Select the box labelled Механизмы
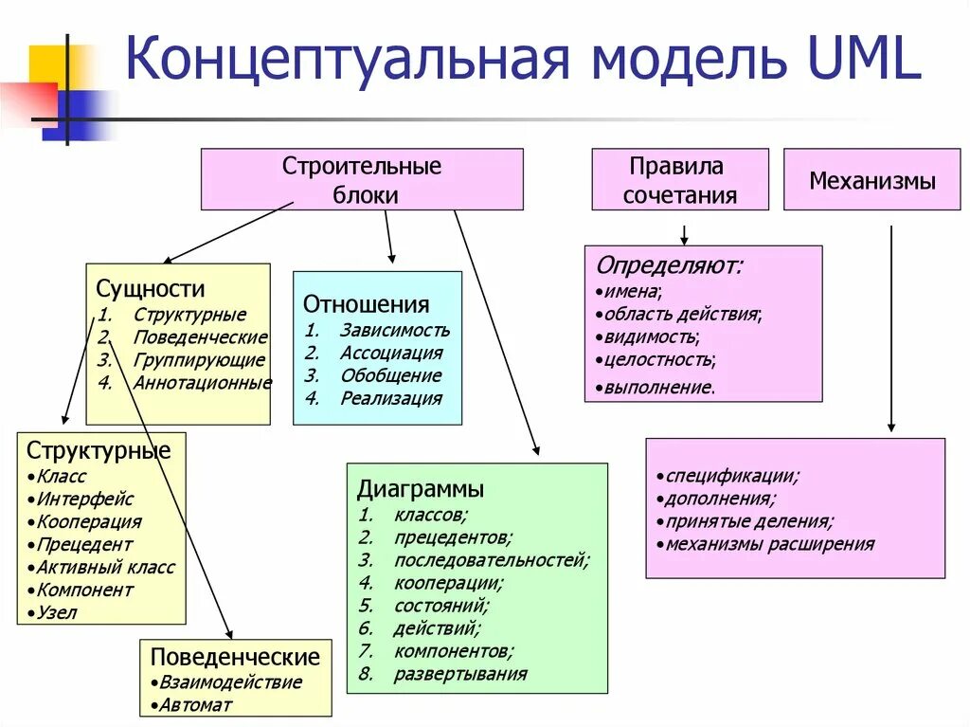[871, 180]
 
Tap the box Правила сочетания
[679, 180]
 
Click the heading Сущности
[151, 289]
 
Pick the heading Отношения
[366, 304]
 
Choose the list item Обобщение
[390, 376]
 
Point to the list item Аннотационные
[202, 383]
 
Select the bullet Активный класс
[105, 567]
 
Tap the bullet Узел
[57, 612]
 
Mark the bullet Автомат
[195, 704]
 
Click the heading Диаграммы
[421, 489]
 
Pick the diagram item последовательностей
[492, 559]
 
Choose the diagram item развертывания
[459, 674]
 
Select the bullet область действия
[684, 313]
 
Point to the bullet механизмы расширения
[769, 544]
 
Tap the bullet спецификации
[731, 475]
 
